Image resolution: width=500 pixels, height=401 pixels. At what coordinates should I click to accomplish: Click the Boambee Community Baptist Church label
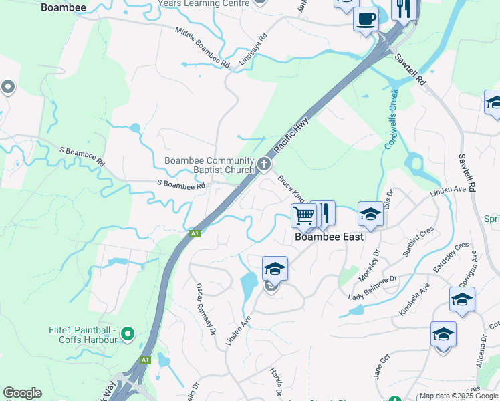tap(209, 165)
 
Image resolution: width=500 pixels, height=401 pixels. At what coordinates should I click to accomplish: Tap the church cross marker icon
tap(265, 163)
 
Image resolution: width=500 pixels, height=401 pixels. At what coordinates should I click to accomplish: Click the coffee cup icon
tap(366, 18)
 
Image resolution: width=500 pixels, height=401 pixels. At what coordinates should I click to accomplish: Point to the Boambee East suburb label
tap(330, 237)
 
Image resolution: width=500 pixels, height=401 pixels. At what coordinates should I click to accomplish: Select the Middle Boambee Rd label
tap(203, 48)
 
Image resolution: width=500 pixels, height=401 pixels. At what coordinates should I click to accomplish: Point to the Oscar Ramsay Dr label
tap(206, 309)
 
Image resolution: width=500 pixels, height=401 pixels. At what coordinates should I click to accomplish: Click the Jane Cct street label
tap(382, 368)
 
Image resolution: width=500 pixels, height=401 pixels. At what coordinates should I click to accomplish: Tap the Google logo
tap(22, 393)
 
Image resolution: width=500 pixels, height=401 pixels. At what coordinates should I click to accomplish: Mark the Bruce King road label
tap(291, 189)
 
